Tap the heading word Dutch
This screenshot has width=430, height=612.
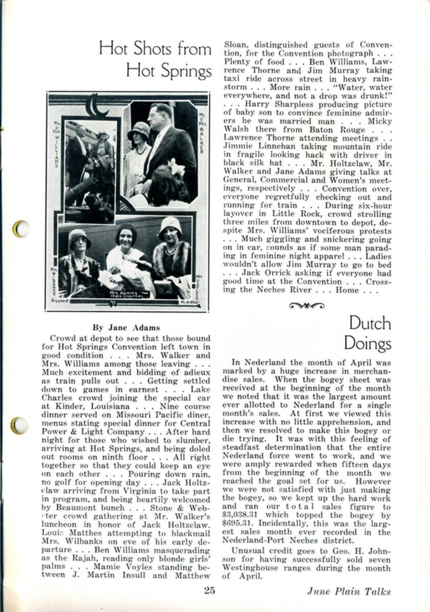click(x=370, y=323)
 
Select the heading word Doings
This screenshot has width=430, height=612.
click(x=367, y=343)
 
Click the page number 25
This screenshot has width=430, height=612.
click(x=209, y=591)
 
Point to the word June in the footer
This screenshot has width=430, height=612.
click(x=318, y=592)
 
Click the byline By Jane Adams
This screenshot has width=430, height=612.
click(x=126, y=327)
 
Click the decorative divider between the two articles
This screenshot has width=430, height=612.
click(x=306, y=305)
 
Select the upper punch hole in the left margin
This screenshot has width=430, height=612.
click(x=21, y=228)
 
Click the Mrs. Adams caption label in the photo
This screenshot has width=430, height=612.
click(x=124, y=294)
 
